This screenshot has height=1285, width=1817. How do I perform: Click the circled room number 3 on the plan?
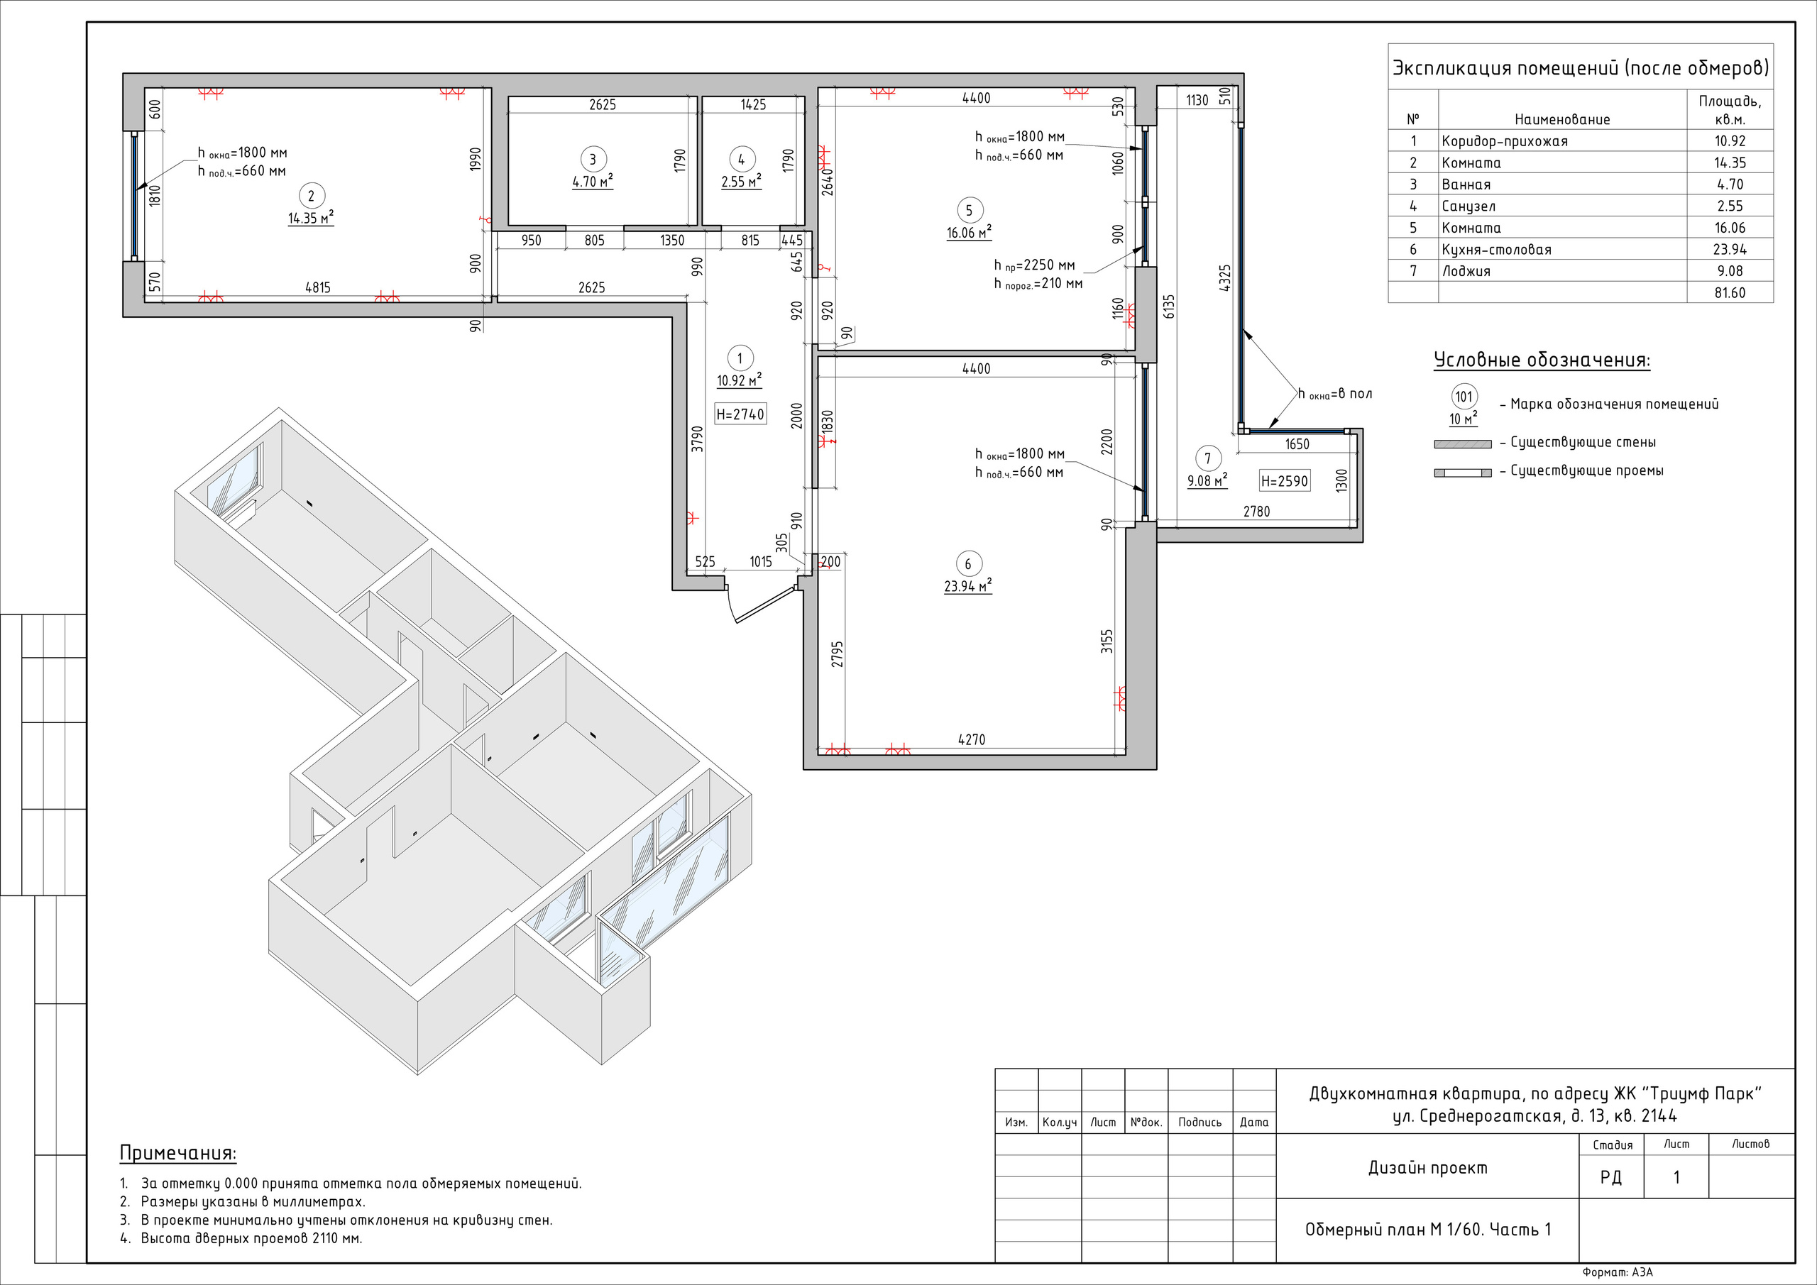click(593, 159)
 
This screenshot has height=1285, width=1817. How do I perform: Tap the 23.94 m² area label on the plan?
click(968, 586)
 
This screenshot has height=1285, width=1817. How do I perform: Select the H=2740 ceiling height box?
click(740, 414)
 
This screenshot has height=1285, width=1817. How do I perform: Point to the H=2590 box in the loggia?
click(1285, 480)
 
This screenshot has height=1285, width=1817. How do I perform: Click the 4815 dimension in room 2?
click(317, 288)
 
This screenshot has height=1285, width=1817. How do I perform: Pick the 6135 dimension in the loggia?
click(1169, 307)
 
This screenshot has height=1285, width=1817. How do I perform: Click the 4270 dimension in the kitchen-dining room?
click(972, 740)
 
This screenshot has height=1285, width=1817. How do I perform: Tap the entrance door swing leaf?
click(765, 604)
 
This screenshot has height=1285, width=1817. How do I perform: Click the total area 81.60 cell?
click(1730, 293)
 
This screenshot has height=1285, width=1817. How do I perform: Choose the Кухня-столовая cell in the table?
click(1496, 249)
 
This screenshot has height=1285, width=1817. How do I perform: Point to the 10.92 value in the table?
click(1730, 140)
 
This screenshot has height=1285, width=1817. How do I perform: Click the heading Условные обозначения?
click(1542, 360)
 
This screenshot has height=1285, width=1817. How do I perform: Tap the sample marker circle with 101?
click(1464, 397)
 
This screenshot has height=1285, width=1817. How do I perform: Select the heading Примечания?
click(178, 1153)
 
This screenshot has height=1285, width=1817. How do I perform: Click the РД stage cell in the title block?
click(1610, 1177)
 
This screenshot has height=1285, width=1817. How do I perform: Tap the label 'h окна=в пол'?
click(1335, 394)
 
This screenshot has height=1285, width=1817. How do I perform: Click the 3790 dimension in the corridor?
click(696, 439)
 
